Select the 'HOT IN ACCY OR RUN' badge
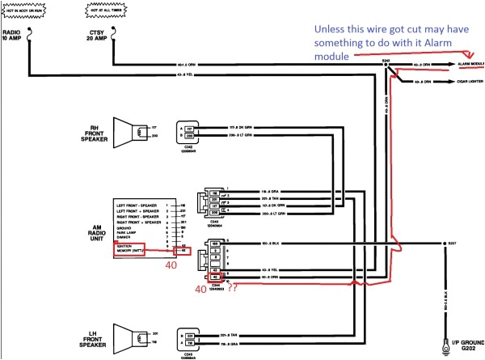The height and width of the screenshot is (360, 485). coord(29,11)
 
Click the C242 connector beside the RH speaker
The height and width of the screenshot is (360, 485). coord(189,133)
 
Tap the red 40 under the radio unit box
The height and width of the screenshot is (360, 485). coord(171,265)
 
